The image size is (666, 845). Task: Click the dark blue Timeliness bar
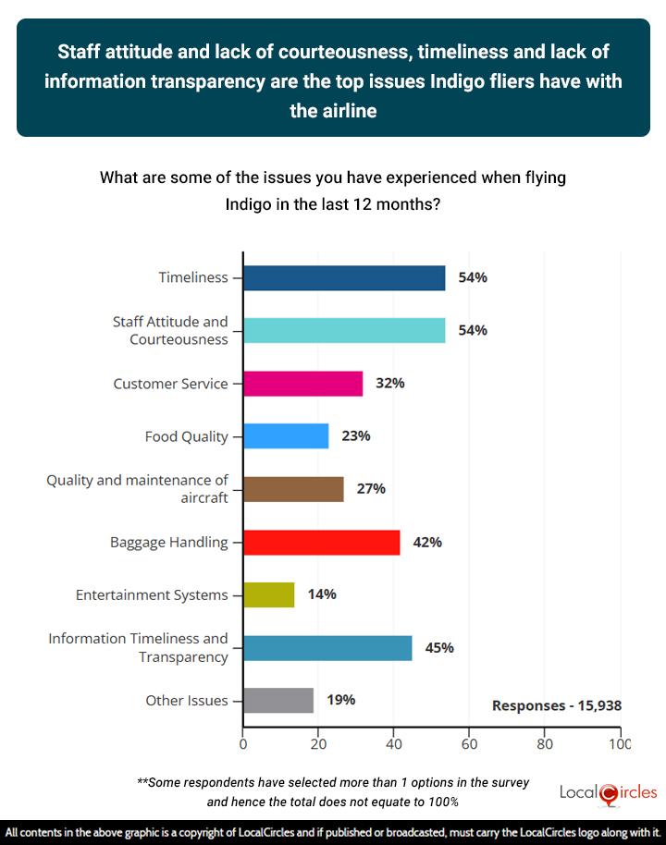(x=344, y=278)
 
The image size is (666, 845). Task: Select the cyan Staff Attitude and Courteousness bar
(x=344, y=330)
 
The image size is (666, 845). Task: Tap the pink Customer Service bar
(x=302, y=383)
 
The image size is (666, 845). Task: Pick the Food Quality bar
(x=286, y=435)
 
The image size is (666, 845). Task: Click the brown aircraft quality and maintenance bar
(x=293, y=488)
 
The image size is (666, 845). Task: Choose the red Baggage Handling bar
(x=321, y=542)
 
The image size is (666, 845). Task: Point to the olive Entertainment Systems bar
(x=268, y=594)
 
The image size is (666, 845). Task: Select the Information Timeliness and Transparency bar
(x=327, y=647)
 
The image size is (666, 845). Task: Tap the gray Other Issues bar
(x=278, y=700)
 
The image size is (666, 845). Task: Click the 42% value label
(x=427, y=542)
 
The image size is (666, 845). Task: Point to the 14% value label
(x=322, y=594)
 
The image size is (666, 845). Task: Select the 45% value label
(x=439, y=647)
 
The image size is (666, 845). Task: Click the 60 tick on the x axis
(x=469, y=742)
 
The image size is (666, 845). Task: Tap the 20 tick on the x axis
(x=318, y=742)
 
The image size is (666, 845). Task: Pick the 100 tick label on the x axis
(x=619, y=742)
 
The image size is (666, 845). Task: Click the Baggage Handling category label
(x=169, y=542)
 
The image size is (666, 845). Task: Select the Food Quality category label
(x=187, y=435)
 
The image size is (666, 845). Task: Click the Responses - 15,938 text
(x=556, y=705)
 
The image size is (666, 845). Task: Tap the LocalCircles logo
(x=609, y=793)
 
